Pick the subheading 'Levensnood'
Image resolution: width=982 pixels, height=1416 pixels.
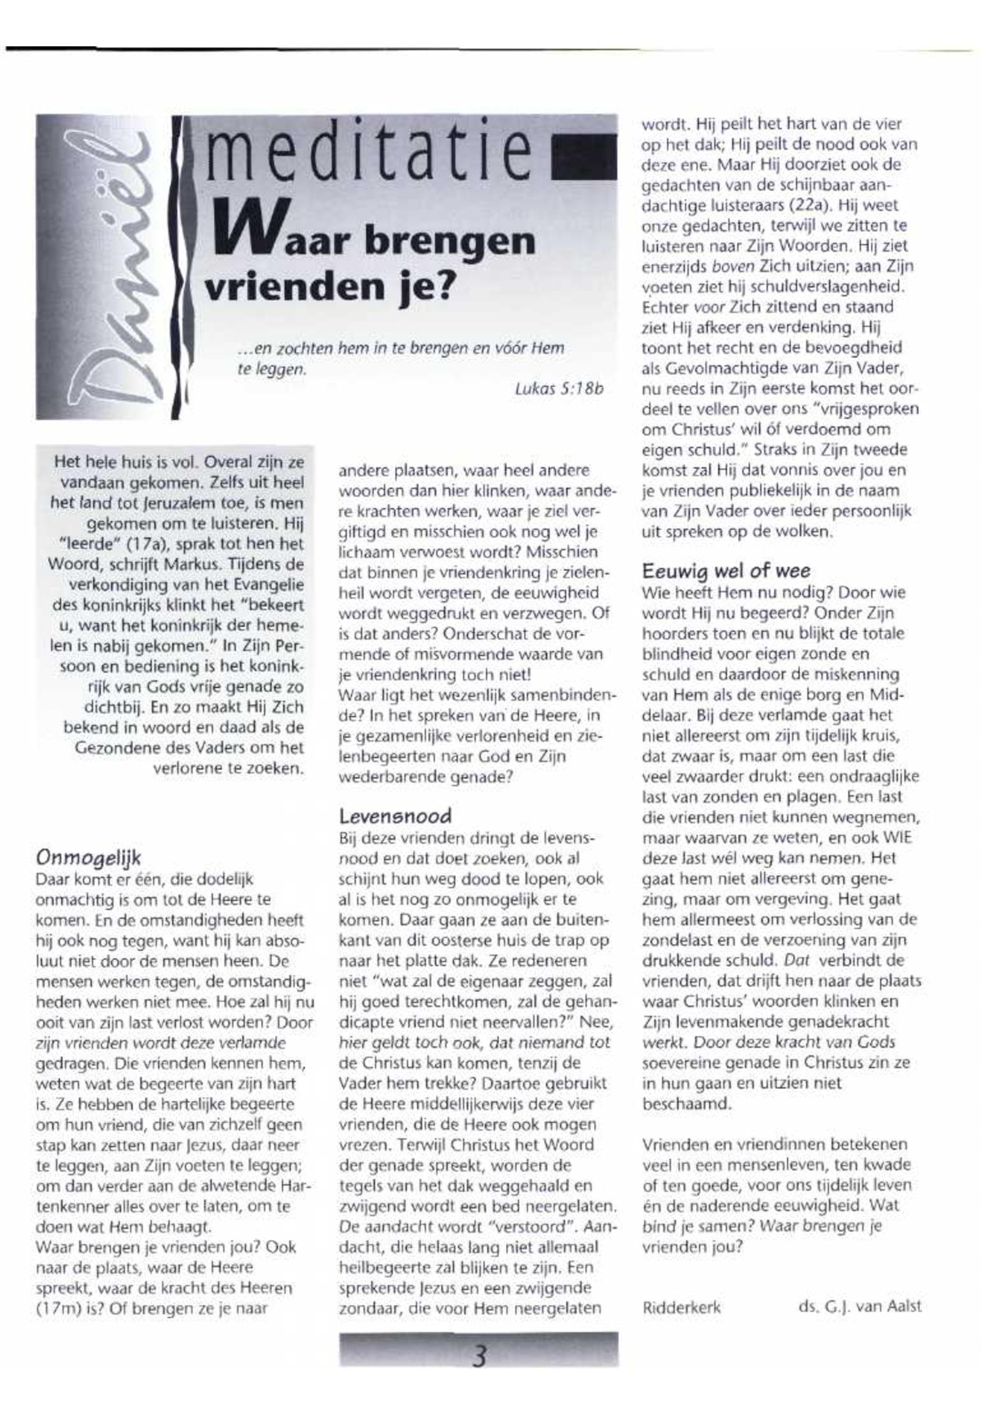coord(395,816)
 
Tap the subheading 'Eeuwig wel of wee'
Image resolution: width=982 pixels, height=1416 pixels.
coord(726,571)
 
